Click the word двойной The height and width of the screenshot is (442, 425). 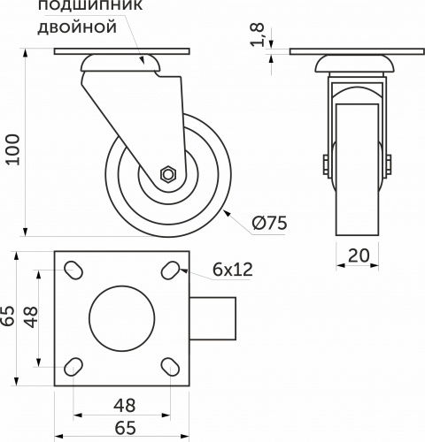point(78,27)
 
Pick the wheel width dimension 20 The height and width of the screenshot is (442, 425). point(359,256)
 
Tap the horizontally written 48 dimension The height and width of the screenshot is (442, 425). point(125,406)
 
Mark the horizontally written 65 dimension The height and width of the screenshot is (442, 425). point(125,429)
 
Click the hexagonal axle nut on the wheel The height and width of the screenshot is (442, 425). point(167,174)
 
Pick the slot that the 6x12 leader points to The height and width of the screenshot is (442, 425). point(173,270)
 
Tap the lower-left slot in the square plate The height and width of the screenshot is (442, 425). point(76,365)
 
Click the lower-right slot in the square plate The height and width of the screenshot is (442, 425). point(173,365)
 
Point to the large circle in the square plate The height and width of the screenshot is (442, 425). point(124,317)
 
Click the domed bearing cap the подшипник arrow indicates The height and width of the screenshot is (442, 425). point(122,65)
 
